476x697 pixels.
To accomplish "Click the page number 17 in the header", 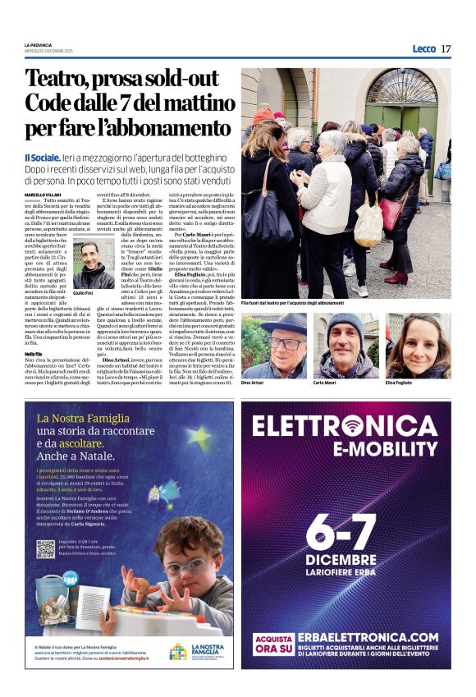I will (446, 49).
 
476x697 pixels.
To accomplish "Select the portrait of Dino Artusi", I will (273, 346).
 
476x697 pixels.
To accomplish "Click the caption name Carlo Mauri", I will (326, 383).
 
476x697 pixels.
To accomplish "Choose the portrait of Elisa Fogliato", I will (418, 346).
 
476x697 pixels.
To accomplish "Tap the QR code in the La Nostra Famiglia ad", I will (45, 550).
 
